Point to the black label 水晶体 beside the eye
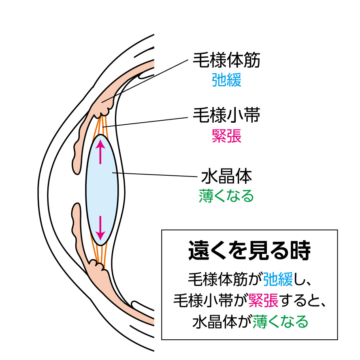point(226,177)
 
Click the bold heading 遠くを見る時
point(249,250)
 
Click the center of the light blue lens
point(101,190)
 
